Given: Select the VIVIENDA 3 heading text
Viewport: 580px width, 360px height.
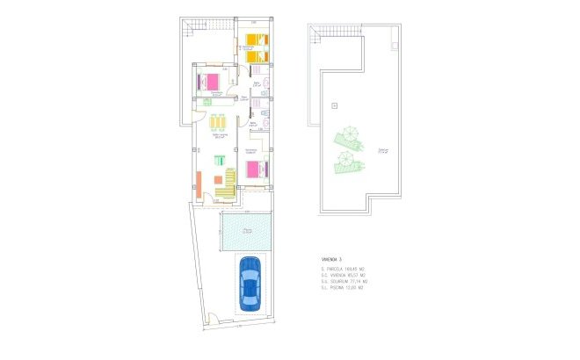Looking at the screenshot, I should pyautogui.click(x=332, y=260).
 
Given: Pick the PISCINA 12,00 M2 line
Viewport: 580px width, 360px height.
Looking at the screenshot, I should pyautogui.click(x=343, y=287).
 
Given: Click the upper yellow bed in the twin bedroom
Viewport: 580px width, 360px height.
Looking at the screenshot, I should pyautogui.click(x=255, y=40).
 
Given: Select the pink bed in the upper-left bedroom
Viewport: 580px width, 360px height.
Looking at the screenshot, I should pyautogui.click(x=211, y=82).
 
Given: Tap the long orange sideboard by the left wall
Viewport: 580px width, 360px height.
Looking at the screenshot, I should pyautogui.click(x=199, y=185).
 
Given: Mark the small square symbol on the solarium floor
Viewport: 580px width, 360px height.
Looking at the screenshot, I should pyautogui.click(x=334, y=106).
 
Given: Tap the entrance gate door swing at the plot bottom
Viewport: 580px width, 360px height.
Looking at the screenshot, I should pyautogui.click(x=208, y=321).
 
